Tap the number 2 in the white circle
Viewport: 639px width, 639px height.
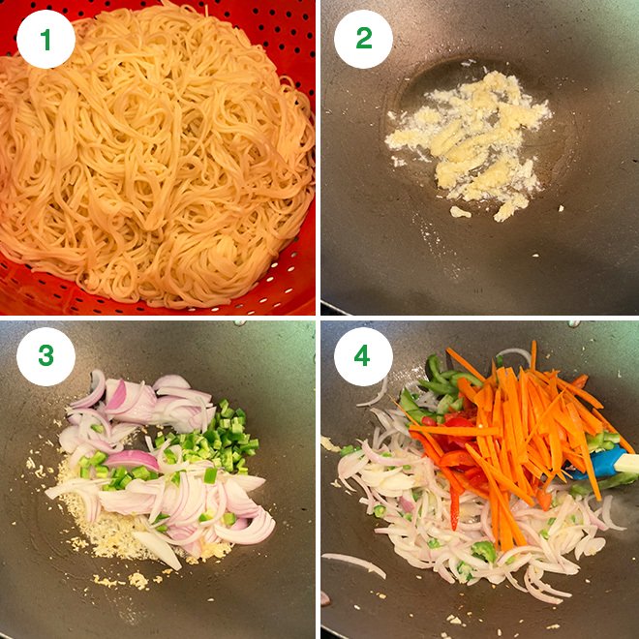tap(363, 39)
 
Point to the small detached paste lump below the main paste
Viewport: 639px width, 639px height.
tap(461, 212)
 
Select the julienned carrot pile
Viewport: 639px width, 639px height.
tap(528, 426)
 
